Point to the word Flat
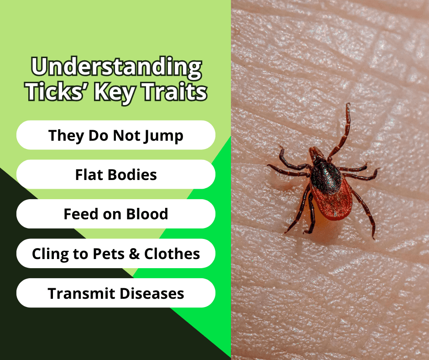pos(88,175)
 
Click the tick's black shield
pos(325,175)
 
